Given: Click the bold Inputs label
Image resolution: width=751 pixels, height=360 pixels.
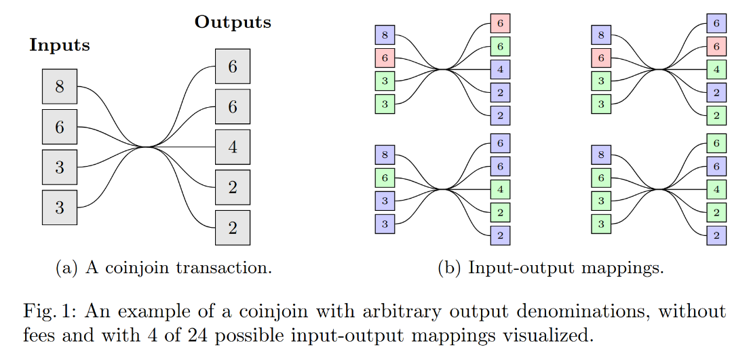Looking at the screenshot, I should [x=60, y=45].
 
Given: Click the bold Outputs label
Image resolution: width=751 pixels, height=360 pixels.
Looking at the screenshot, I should [x=233, y=22].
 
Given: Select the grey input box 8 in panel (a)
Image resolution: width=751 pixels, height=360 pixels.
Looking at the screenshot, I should [x=60, y=87].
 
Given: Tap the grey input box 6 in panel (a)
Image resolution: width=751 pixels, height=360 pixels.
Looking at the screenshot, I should [x=60, y=127].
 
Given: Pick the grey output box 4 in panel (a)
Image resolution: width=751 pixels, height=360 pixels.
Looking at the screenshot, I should [x=233, y=147].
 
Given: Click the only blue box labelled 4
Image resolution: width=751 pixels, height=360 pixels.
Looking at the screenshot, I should [x=500, y=69].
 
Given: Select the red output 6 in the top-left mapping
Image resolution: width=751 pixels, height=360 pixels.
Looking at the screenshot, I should [x=500, y=23].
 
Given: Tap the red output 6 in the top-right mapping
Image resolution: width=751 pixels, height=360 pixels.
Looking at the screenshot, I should [x=716, y=46].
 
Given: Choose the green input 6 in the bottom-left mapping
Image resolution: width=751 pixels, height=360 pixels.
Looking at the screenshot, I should [x=385, y=178].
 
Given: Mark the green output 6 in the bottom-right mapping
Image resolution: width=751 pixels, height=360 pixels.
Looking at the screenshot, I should [x=716, y=143].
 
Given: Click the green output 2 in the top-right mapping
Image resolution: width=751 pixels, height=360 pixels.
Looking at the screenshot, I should [x=716, y=115].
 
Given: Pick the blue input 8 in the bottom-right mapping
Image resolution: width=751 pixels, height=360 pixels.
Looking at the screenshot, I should [x=601, y=155].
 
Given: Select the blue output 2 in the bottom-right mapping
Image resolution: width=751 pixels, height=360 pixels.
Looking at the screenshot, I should [x=716, y=235].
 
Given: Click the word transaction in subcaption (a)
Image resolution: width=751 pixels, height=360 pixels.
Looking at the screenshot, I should [x=231, y=268].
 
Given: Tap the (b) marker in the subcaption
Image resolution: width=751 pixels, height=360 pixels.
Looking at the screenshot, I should [x=449, y=268].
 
